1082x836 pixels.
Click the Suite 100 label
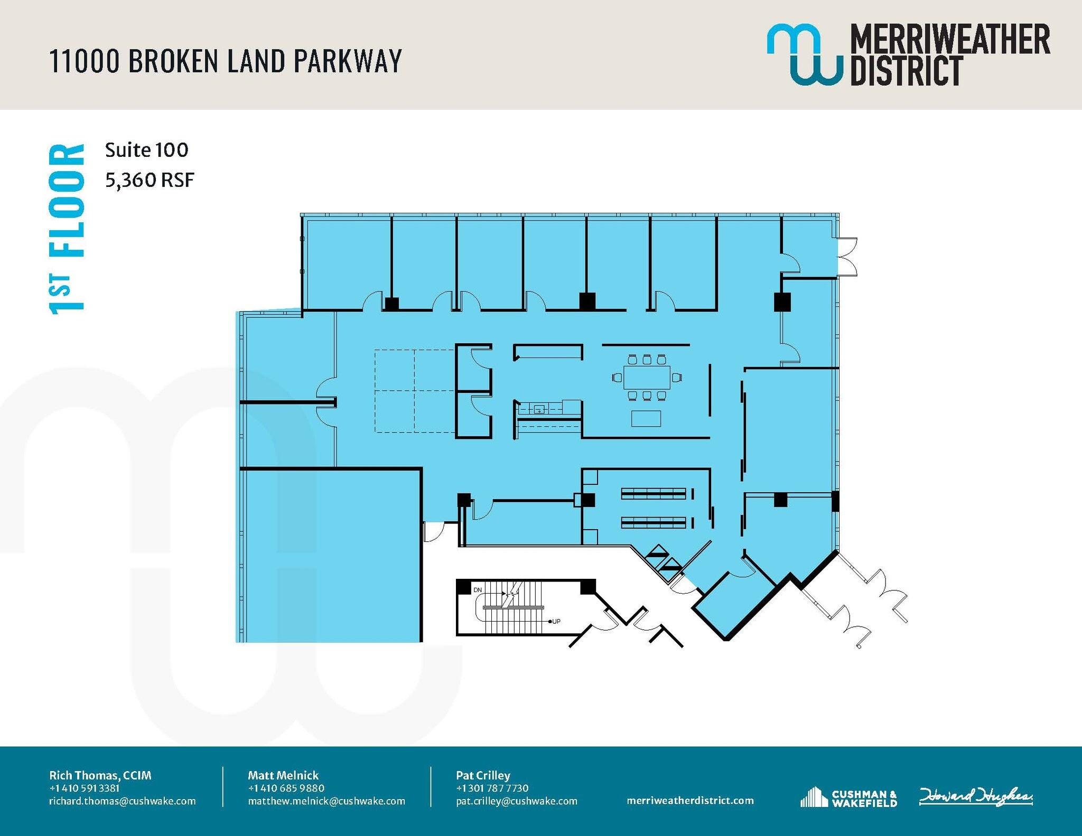146,151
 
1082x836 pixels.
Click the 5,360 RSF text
150,181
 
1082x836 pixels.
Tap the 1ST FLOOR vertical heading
67,229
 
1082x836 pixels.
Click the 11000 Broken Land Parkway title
225,61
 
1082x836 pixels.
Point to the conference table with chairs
647,377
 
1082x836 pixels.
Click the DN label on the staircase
478,590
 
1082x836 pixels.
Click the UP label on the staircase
556,621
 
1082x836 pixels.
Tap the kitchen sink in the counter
539,409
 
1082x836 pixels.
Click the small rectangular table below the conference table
646,418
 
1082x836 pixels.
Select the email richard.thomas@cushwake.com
122,801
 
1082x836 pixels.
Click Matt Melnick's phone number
286,788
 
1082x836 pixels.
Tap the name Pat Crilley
483,775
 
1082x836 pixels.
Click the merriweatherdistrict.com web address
690,801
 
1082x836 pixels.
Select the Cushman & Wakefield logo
848,798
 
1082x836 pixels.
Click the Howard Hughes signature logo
975,796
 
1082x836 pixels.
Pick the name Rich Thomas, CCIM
100,775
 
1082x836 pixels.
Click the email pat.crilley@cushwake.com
516,801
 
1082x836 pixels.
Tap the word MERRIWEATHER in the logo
949,39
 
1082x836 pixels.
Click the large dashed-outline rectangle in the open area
415,391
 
